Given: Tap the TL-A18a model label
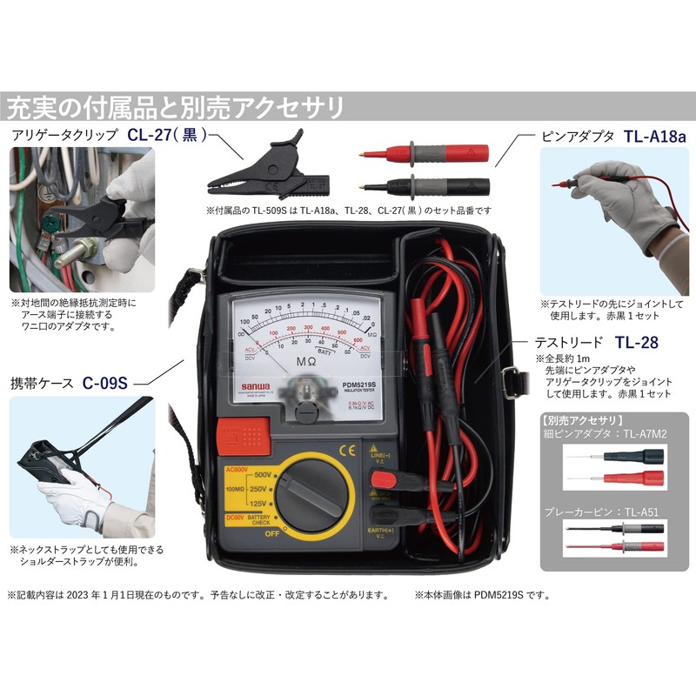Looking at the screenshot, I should click(655, 137).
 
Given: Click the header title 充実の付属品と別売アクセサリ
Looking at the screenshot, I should click(174, 108).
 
